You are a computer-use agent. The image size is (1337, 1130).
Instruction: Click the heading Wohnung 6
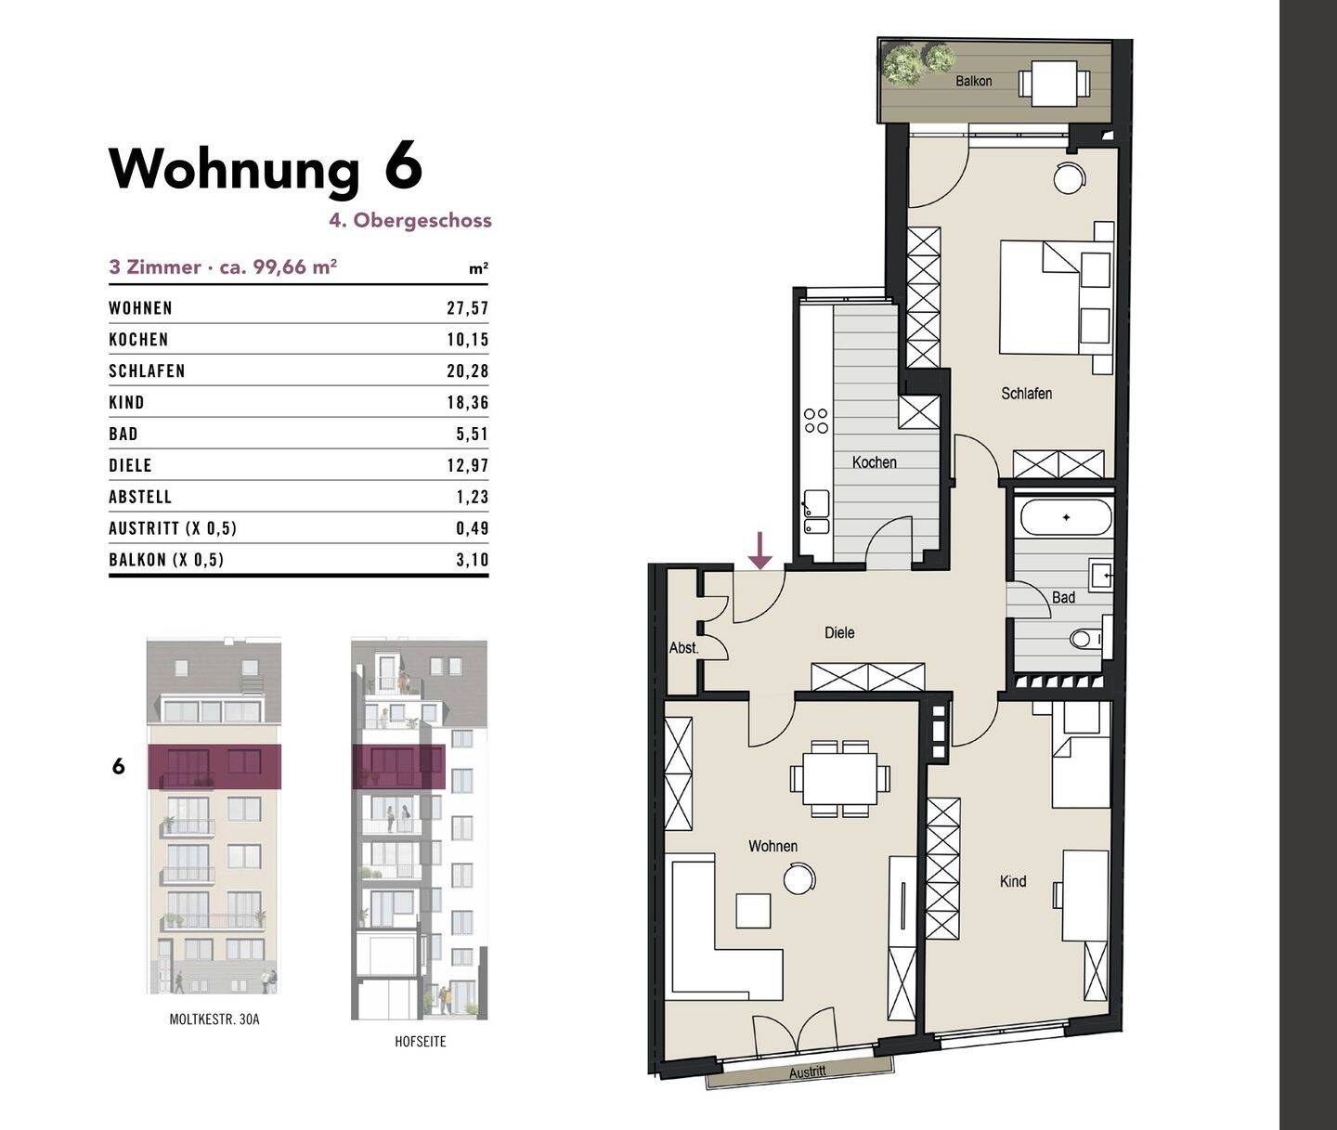tap(266, 169)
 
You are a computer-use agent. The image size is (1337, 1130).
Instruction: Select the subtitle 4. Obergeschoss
tap(409, 221)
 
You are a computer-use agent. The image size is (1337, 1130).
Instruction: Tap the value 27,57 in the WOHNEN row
tap(467, 308)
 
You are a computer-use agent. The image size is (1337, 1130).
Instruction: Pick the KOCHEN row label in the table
tap(138, 340)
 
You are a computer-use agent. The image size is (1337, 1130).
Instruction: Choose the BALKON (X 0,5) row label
tap(166, 560)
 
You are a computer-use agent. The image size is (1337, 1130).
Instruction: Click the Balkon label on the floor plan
tap(973, 82)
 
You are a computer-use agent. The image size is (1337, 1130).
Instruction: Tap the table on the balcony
tap(1054, 84)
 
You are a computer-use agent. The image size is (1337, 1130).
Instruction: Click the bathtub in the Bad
tap(1065, 517)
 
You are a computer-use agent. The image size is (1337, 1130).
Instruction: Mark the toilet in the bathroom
tap(1084, 639)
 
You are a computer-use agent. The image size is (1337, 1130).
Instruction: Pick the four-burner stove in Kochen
tap(816, 421)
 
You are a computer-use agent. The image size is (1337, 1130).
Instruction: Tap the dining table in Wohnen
tap(839, 778)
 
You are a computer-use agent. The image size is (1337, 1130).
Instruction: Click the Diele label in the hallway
tap(839, 633)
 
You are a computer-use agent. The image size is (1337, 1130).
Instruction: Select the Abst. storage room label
tap(683, 648)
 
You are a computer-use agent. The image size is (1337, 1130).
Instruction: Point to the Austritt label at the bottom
tap(807, 1072)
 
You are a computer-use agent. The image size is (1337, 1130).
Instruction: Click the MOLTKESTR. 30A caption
tap(214, 1020)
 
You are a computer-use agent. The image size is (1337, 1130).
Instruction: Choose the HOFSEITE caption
tap(420, 1042)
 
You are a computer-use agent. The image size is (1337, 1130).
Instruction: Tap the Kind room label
tap(1012, 881)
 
